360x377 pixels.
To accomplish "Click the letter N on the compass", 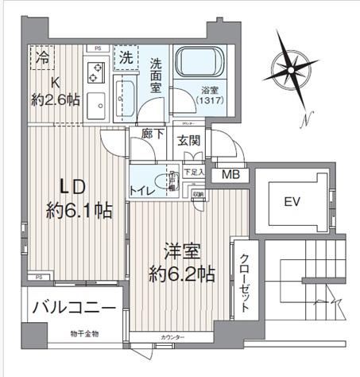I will click(305, 122).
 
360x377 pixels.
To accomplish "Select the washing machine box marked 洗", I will click(126, 57).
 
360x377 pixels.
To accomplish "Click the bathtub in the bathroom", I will click(195, 64).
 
